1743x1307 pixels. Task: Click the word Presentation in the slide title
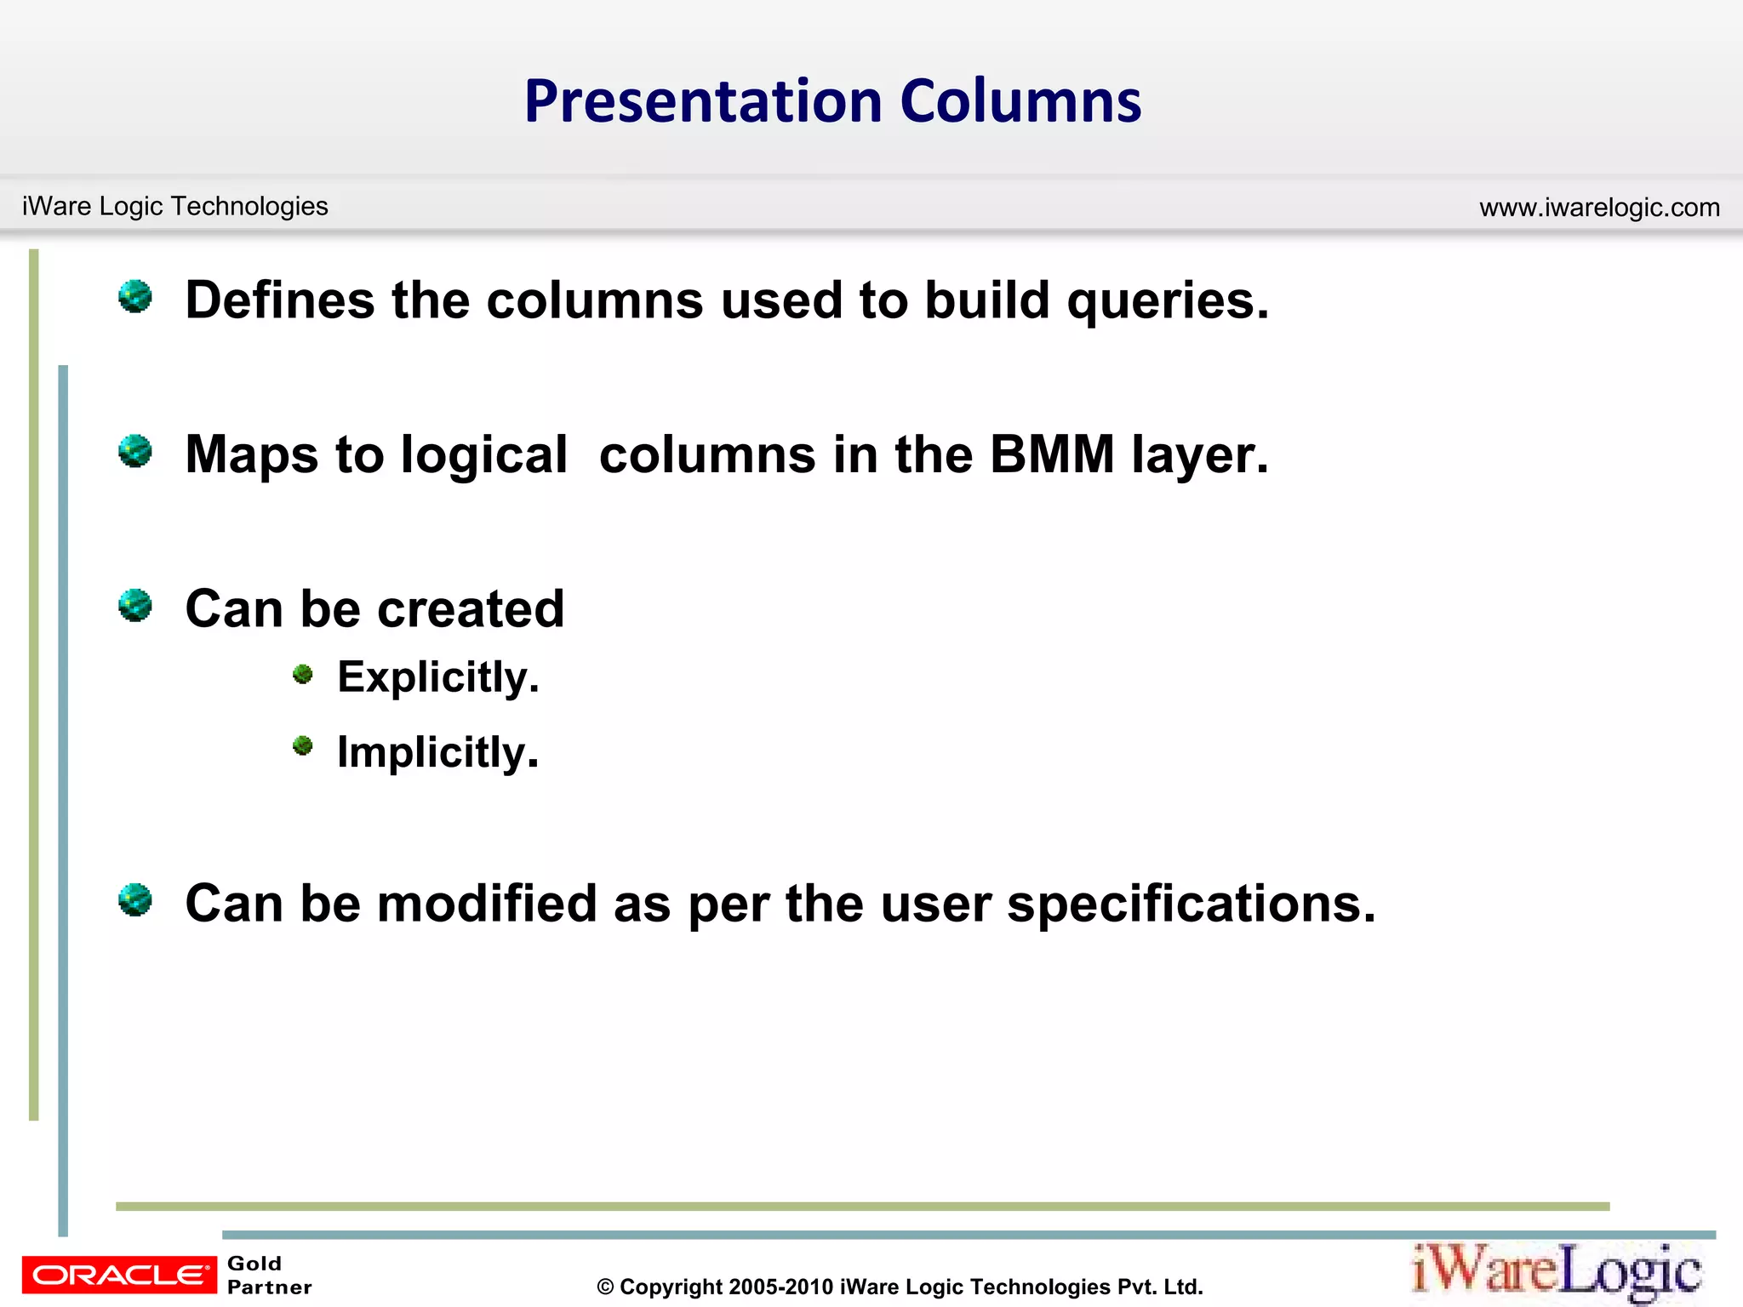pos(704,102)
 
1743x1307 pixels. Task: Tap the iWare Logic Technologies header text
pos(174,206)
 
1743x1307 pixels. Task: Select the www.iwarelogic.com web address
pos(1599,207)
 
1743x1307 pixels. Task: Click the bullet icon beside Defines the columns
pos(135,297)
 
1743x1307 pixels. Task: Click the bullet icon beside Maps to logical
pos(135,451)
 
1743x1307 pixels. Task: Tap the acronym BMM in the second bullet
pos(1051,454)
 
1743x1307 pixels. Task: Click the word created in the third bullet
pos(471,609)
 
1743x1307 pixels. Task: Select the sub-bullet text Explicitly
pos(438,678)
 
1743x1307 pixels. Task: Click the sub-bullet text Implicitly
pos(437,752)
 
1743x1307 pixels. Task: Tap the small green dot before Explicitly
pos(303,675)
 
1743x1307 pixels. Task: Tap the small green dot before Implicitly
pos(303,746)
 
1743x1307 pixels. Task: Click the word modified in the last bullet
pos(487,903)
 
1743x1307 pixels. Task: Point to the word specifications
pos(1191,905)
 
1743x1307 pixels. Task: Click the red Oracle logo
pos(119,1275)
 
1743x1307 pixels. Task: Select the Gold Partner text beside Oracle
pos(269,1275)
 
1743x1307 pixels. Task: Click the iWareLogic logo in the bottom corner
pos(1557,1272)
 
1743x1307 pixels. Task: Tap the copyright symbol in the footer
pos(605,1287)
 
